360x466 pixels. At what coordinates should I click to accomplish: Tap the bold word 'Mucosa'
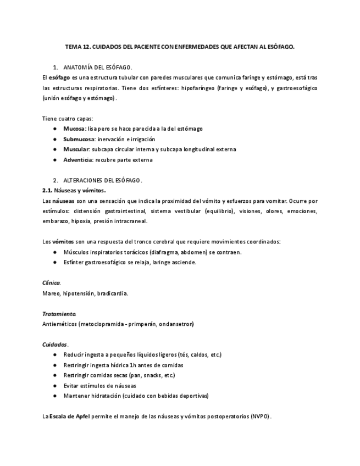74,129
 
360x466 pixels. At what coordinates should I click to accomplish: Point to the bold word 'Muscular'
76,149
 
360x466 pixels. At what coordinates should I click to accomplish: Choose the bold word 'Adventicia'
78,160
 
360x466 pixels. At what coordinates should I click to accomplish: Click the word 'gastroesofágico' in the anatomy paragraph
290,88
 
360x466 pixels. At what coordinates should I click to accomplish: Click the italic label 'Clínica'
51,282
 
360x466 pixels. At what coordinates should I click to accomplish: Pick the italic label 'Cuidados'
55,345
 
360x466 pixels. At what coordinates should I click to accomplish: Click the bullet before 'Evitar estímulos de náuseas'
54,386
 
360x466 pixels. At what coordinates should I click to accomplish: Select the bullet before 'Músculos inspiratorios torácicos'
54,252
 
